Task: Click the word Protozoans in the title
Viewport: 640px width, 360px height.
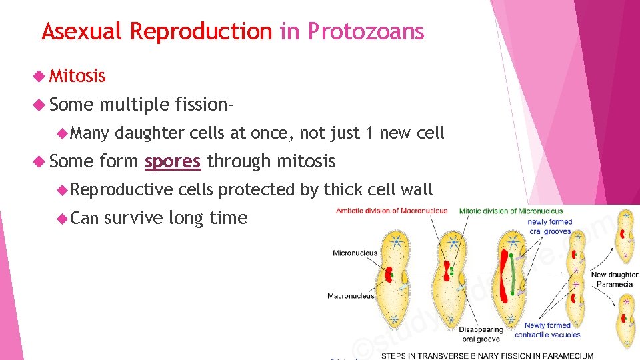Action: pyautogui.click(x=365, y=31)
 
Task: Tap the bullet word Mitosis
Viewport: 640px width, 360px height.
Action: pyautogui.click(x=77, y=76)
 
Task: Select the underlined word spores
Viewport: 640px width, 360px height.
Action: pyautogui.click(x=173, y=161)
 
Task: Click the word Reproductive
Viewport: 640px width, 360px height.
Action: pyautogui.click(x=121, y=189)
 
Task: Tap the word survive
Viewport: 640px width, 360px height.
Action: pyautogui.click(x=133, y=217)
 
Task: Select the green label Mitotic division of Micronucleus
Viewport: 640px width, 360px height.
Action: pyautogui.click(x=511, y=211)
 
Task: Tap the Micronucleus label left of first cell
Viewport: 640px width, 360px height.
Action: pyautogui.click(x=355, y=253)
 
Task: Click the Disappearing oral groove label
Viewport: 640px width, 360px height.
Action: pyautogui.click(x=481, y=333)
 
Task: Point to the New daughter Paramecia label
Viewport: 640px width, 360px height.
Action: pyautogui.click(x=614, y=279)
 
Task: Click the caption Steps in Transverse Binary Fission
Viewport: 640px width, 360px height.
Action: pyautogui.click(x=487, y=355)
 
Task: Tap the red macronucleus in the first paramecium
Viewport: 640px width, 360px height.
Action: pyautogui.click(x=388, y=274)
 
